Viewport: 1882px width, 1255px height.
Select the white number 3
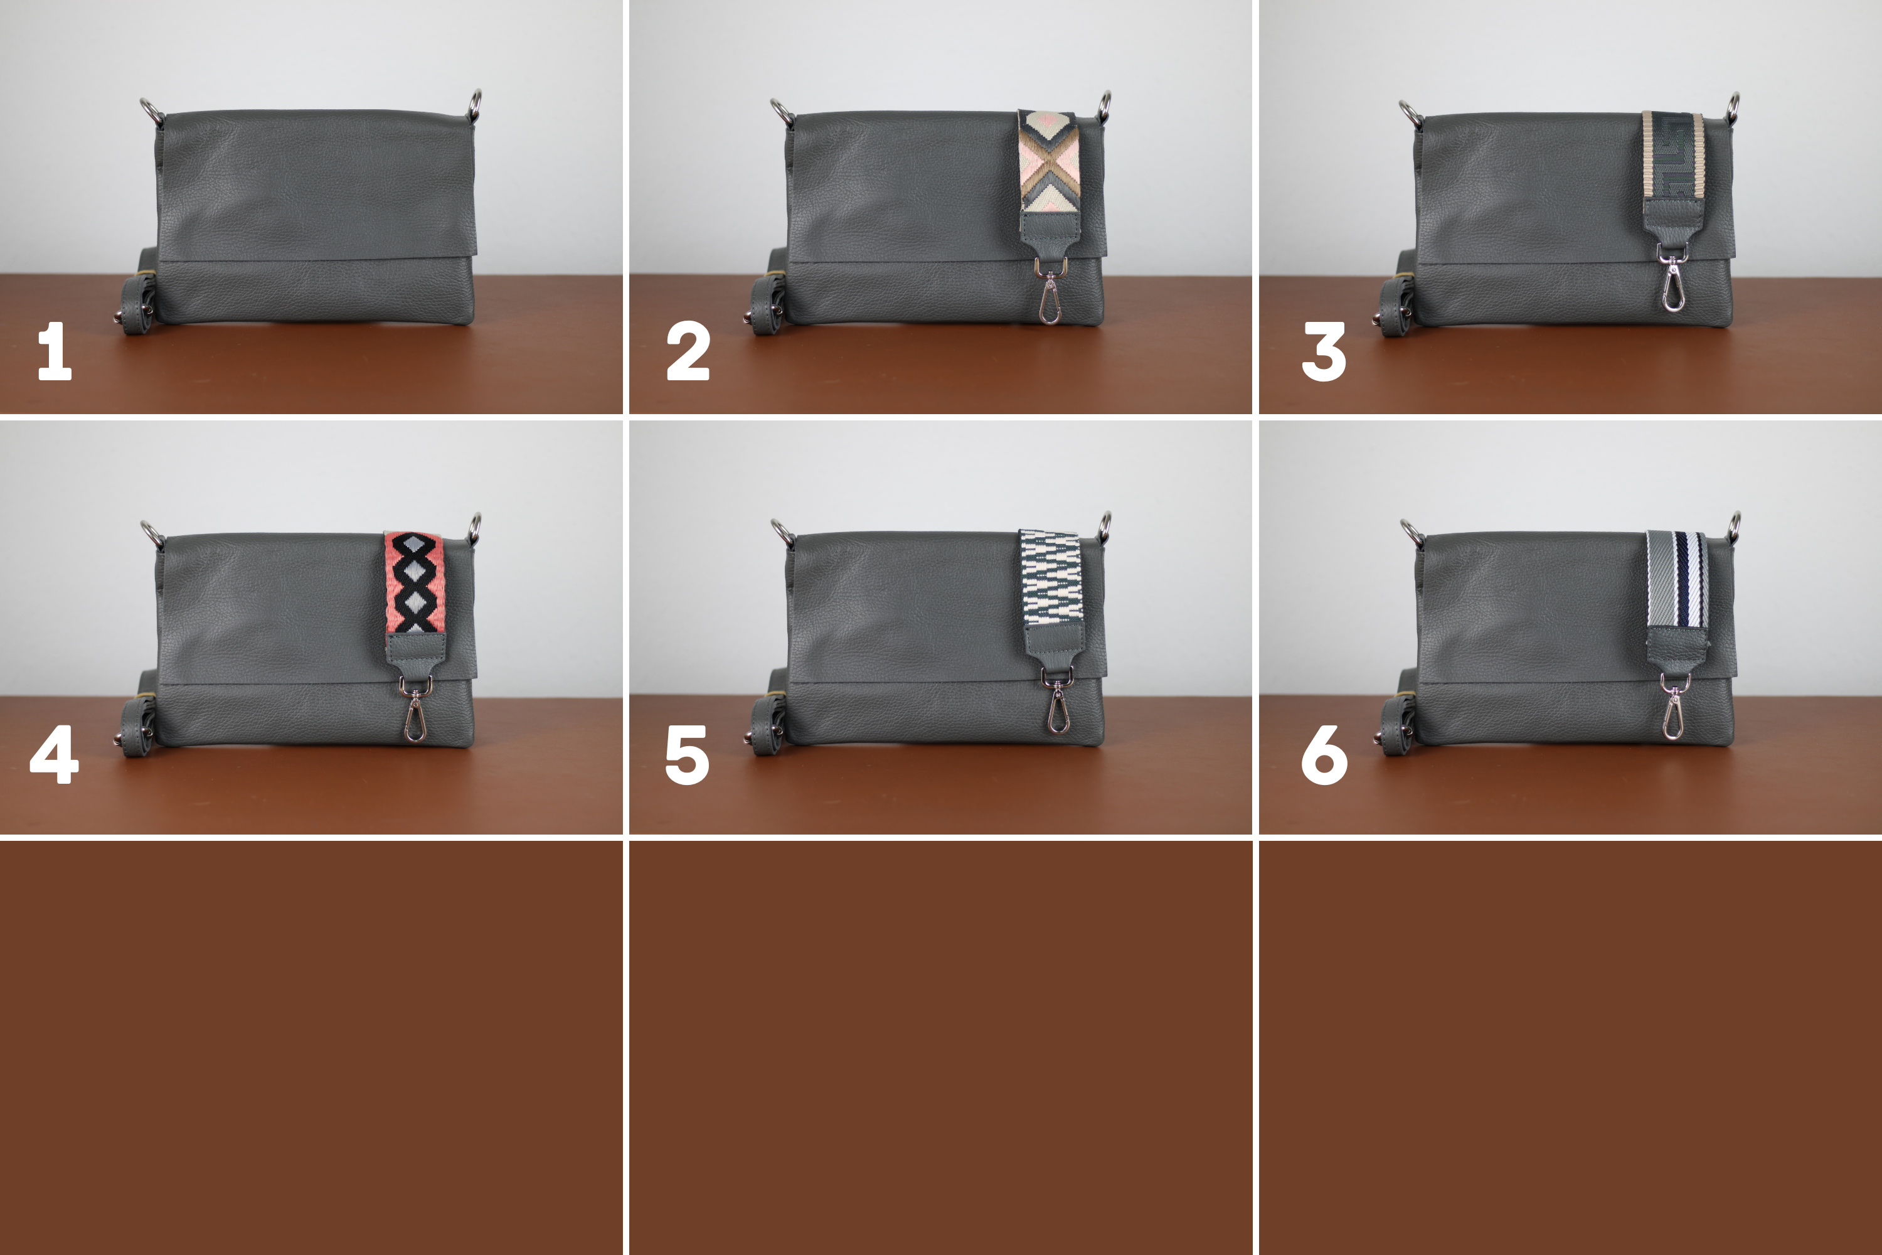pyautogui.click(x=1324, y=351)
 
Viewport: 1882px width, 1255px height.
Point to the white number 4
pyautogui.click(x=55, y=754)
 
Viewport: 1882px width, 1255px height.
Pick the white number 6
pyautogui.click(x=1324, y=755)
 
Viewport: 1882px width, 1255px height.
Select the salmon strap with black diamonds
pyautogui.click(x=415, y=583)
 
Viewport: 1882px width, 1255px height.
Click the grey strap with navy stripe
pyautogui.click(x=1677, y=580)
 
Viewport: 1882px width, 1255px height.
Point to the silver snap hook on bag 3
pyautogui.click(x=1672, y=277)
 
